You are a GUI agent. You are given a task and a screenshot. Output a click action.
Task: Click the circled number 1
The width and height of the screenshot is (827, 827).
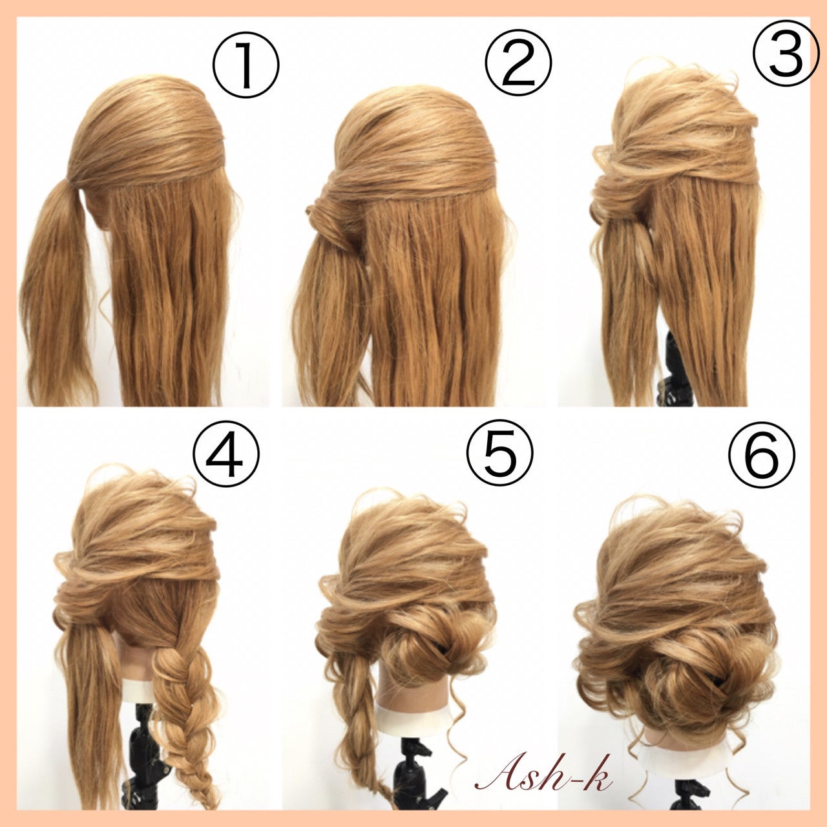pos(246,66)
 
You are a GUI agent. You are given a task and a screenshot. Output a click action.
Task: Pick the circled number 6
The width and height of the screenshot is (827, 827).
pos(762,454)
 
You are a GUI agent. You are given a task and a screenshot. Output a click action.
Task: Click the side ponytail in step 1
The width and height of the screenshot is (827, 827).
pos(58,292)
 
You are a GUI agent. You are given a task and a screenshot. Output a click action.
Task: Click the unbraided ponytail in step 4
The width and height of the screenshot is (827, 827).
pos(92,708)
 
